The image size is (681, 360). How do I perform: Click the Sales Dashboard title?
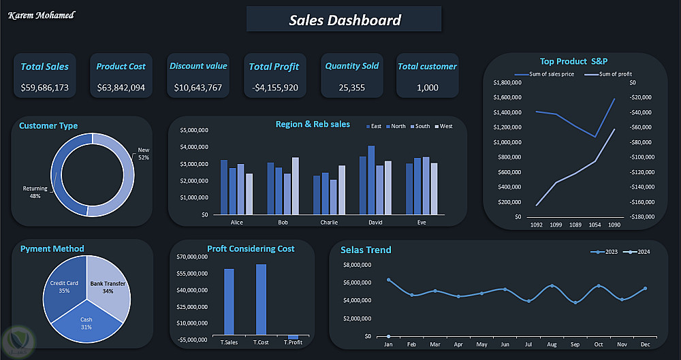(345, 20)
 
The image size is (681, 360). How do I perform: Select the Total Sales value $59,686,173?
(44, 88)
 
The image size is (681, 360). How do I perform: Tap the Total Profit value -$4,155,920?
(274, 88)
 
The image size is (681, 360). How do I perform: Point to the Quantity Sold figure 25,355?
(351, 88)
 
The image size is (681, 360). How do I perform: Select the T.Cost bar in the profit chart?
(261, 299)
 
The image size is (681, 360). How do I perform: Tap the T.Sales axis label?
(229, 342)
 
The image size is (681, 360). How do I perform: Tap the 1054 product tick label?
(595, 225)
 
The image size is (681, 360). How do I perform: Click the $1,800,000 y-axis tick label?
(505, 82)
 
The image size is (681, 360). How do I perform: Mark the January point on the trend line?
(388, 280)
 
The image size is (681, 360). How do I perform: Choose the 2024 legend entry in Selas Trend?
(639, 252)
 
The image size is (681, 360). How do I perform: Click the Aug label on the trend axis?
(552, 345)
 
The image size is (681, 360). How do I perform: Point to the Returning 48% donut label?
(35, 192)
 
